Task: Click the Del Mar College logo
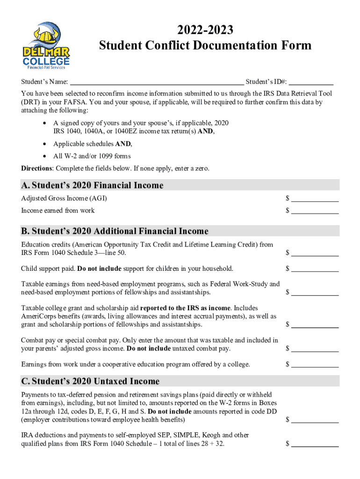pos(46,45)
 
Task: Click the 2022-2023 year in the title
pos(205,30)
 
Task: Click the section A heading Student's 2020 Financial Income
pos(92,185)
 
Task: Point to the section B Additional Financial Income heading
pos(115,231)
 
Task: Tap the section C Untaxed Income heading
pos(90,381)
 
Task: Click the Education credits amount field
pos(315,253)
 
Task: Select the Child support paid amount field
pos(315,269)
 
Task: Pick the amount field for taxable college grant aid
pos(315,325)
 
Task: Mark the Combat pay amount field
pos(315,348)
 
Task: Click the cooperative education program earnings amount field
pos(315,364)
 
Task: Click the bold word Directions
pos(37,168)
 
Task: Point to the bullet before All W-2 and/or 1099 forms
pos(43,156)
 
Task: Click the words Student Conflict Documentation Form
pos(205,45)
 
